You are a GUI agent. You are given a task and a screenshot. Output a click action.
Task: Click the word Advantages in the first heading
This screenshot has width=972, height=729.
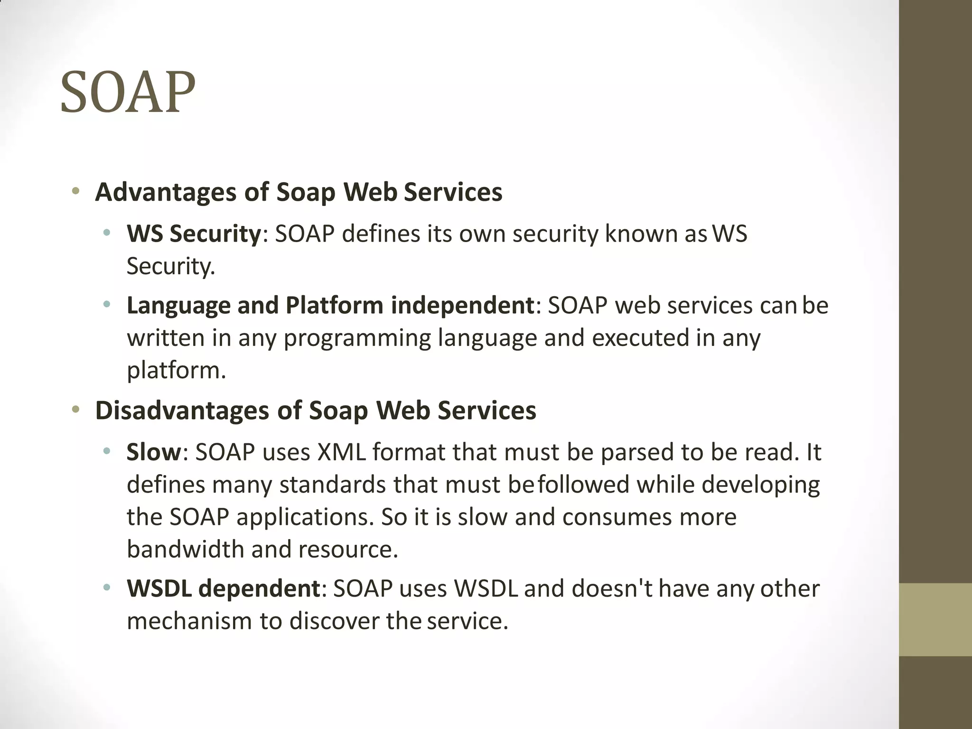(166, 193)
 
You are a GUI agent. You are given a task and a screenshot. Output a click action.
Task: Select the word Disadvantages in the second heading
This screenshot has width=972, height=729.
(182, 411)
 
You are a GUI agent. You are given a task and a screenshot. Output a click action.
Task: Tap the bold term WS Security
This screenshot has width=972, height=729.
(194, 234)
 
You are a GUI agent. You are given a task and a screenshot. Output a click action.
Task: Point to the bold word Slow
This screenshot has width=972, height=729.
(154, 452)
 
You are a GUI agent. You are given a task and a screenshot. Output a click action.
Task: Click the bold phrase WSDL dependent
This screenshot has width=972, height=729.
(224, 589)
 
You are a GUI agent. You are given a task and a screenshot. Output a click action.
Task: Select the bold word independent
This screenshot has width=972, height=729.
(463, 305)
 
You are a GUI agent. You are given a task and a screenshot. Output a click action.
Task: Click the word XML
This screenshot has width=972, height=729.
(341, 452)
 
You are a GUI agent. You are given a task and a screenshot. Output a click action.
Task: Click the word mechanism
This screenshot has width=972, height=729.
(189, 621)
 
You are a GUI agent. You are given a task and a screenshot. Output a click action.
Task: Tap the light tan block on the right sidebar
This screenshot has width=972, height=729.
(935, 619)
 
